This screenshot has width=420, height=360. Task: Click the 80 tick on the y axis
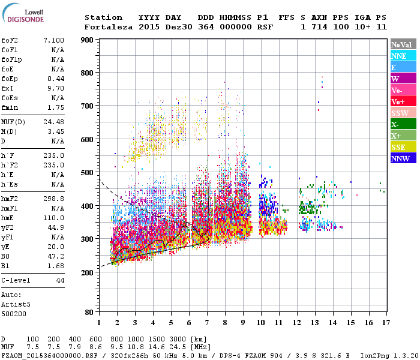pyautogui.click(x=88, y=312)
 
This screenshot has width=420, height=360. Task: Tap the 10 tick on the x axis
pyautogui.click(x=261, y=323)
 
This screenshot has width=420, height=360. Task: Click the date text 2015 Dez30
pyautogui.click(x=160, y=27)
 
